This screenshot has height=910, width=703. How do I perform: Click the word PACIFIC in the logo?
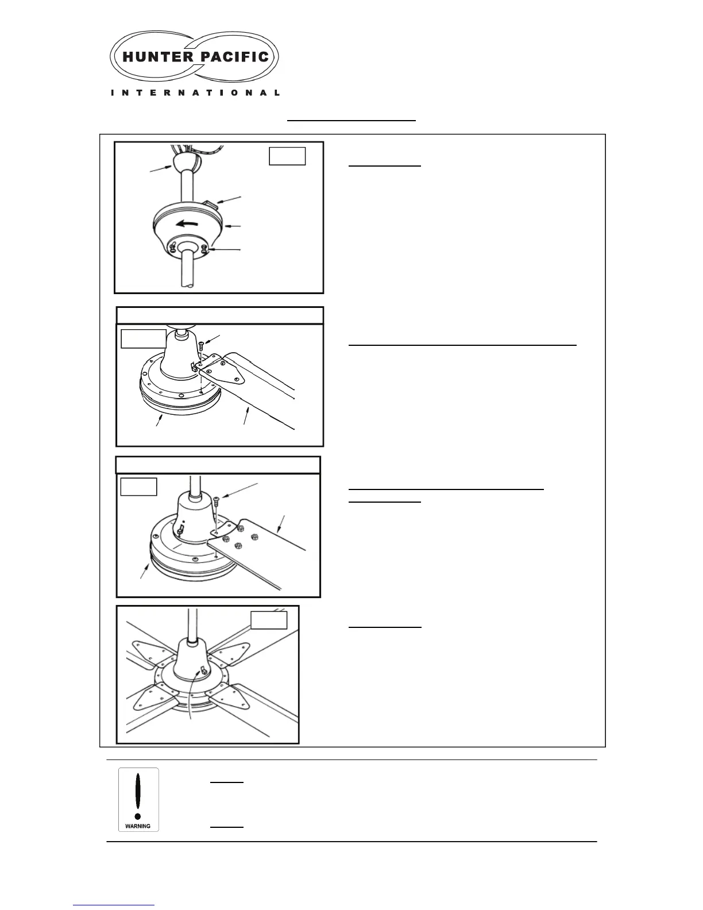pos(234,57)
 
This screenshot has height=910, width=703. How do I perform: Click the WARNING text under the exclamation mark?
pos(138,826)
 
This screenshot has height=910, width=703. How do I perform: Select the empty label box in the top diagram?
pos(287,156)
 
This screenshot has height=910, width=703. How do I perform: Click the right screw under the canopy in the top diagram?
pos(204,249)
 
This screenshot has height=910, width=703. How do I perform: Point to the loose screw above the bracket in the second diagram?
pos(201,346)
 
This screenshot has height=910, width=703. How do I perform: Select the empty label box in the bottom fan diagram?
pos(269,620)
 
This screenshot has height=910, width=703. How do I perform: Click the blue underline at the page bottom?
pos(114,905)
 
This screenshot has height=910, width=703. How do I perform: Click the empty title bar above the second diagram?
pos(219,315)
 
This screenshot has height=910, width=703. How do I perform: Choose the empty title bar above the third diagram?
pos(218,465)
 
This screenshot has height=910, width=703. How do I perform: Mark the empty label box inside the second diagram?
pos(144,339)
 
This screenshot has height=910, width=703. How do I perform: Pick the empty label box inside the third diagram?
pos(138,487)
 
